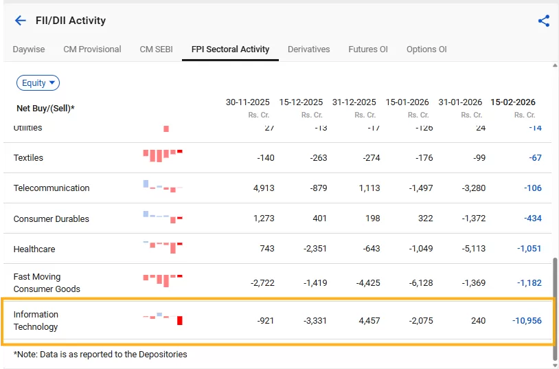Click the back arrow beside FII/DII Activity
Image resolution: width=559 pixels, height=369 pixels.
21,21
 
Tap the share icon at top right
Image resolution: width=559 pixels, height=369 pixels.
544,21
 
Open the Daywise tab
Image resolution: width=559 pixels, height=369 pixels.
29,49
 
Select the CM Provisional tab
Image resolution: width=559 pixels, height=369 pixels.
92,49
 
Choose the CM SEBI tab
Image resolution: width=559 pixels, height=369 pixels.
156,49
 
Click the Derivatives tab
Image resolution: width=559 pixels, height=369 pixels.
308,49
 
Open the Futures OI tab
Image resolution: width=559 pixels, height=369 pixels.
367,49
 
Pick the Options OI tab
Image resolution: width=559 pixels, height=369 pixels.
426,49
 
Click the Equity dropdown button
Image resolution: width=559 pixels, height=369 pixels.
38,83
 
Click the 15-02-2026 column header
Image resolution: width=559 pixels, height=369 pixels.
512,102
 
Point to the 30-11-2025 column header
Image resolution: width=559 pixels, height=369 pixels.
248,102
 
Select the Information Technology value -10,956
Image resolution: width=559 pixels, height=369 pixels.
527,321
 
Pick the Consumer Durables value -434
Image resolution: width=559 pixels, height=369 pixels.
529,219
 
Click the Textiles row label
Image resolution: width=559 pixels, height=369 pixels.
28,158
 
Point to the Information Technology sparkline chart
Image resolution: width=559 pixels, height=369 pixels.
163,319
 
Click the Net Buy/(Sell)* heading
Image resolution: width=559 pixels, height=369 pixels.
45,109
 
